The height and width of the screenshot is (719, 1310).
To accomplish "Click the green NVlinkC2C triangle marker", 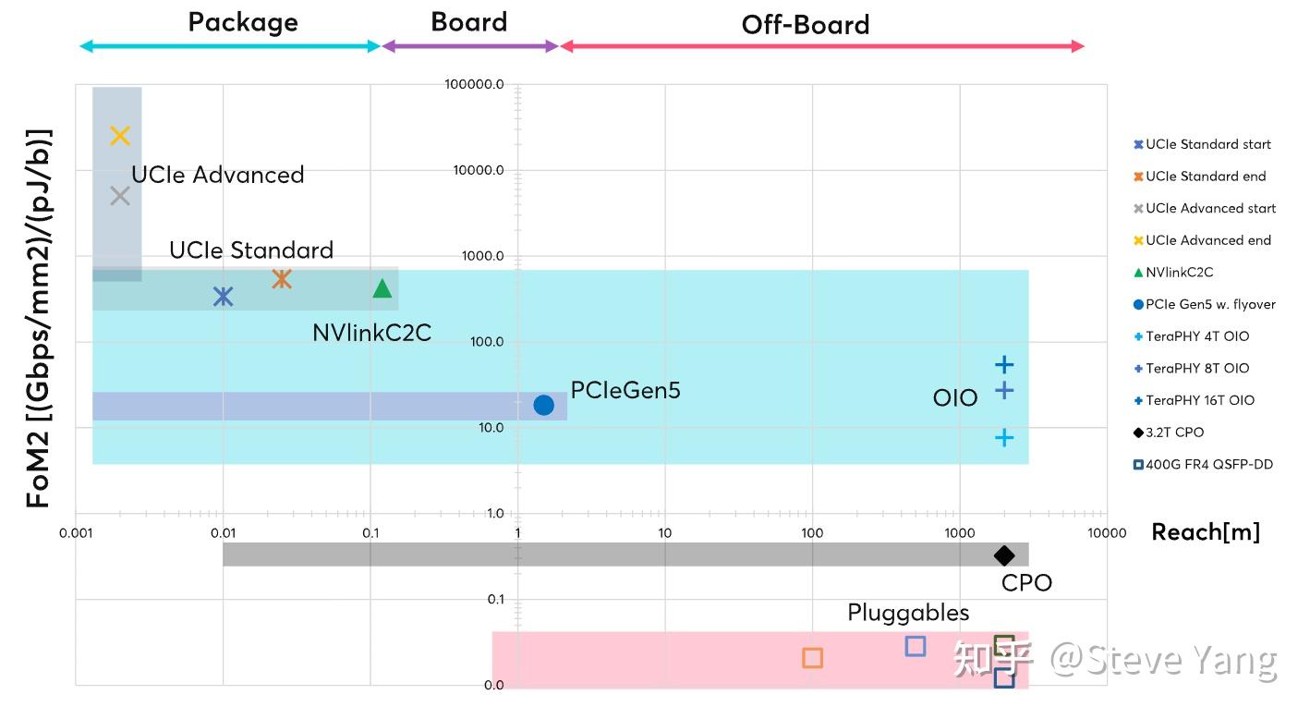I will [x=382, y=287].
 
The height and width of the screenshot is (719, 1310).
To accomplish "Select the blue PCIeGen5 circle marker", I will [x=543, y=405].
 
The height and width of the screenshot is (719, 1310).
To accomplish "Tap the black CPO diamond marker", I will [x=1004, y=555].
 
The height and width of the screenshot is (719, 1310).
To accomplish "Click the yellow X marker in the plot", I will [x=120, y=136].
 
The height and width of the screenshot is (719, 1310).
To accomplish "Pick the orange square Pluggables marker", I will [x=813, y=658].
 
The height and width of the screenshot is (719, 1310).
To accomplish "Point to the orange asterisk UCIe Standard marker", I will [x=282, y=278].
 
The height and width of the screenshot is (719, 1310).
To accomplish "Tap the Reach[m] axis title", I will [x=1205, y=531].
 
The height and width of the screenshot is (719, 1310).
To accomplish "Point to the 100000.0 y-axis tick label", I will [x=474, y=84].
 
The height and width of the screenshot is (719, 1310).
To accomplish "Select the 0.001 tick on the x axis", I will [x=76, y=533].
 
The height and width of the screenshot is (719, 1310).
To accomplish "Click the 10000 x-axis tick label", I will [x=1107, y=533].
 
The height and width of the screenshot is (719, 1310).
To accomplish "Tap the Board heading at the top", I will [x=469, y=22].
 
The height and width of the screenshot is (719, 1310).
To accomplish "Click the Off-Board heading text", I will [x=806, y=24].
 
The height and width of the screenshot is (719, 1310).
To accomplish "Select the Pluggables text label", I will [x=908, y=613].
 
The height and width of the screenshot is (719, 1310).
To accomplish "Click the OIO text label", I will [x=954, y=398].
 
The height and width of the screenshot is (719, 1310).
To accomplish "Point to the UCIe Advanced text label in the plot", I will [x=218, y=175].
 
